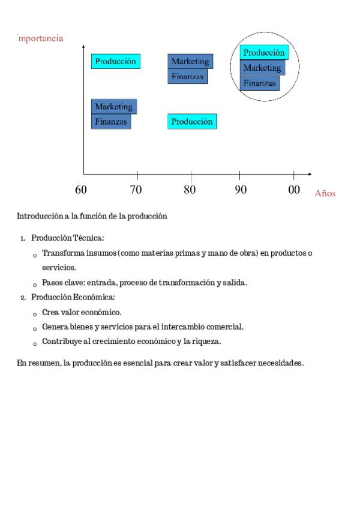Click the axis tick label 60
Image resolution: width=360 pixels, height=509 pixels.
point(81,190)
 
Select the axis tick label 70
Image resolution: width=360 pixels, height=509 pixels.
point(136,190)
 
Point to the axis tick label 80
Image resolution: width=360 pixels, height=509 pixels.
point(190,190)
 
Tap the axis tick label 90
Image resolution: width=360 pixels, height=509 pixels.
point(240,190)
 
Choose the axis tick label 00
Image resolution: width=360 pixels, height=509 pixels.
point(294,190)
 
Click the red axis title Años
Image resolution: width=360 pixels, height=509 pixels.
point(325,193)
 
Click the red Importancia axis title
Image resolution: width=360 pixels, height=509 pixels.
point(41,38)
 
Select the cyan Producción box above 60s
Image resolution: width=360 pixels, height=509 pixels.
point(116,61)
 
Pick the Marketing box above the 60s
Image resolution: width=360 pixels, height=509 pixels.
point(113,106)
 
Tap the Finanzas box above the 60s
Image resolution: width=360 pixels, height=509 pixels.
point(111,121)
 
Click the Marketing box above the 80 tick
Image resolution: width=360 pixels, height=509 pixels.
point(190,61)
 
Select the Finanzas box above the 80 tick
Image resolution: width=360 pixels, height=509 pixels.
point(188,76)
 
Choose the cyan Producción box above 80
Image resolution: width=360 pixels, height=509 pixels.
point(192,121)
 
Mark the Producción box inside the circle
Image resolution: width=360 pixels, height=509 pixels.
point(264,53)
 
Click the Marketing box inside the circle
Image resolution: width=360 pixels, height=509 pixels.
point(262,68)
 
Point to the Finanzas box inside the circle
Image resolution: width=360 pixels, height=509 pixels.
point(260,83)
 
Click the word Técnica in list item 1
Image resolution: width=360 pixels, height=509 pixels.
point(88,238)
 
